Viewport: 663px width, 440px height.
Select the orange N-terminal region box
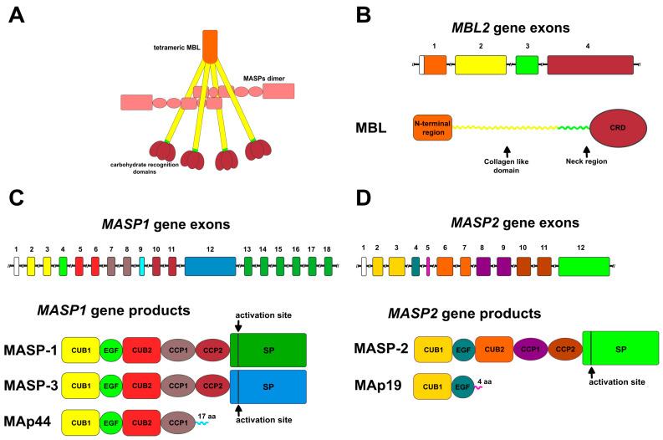coord(432,128)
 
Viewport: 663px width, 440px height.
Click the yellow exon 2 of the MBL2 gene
coord(480,65)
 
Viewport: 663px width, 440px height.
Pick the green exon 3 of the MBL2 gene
coord(527,65)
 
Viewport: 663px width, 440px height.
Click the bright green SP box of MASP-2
coord(620,347)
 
